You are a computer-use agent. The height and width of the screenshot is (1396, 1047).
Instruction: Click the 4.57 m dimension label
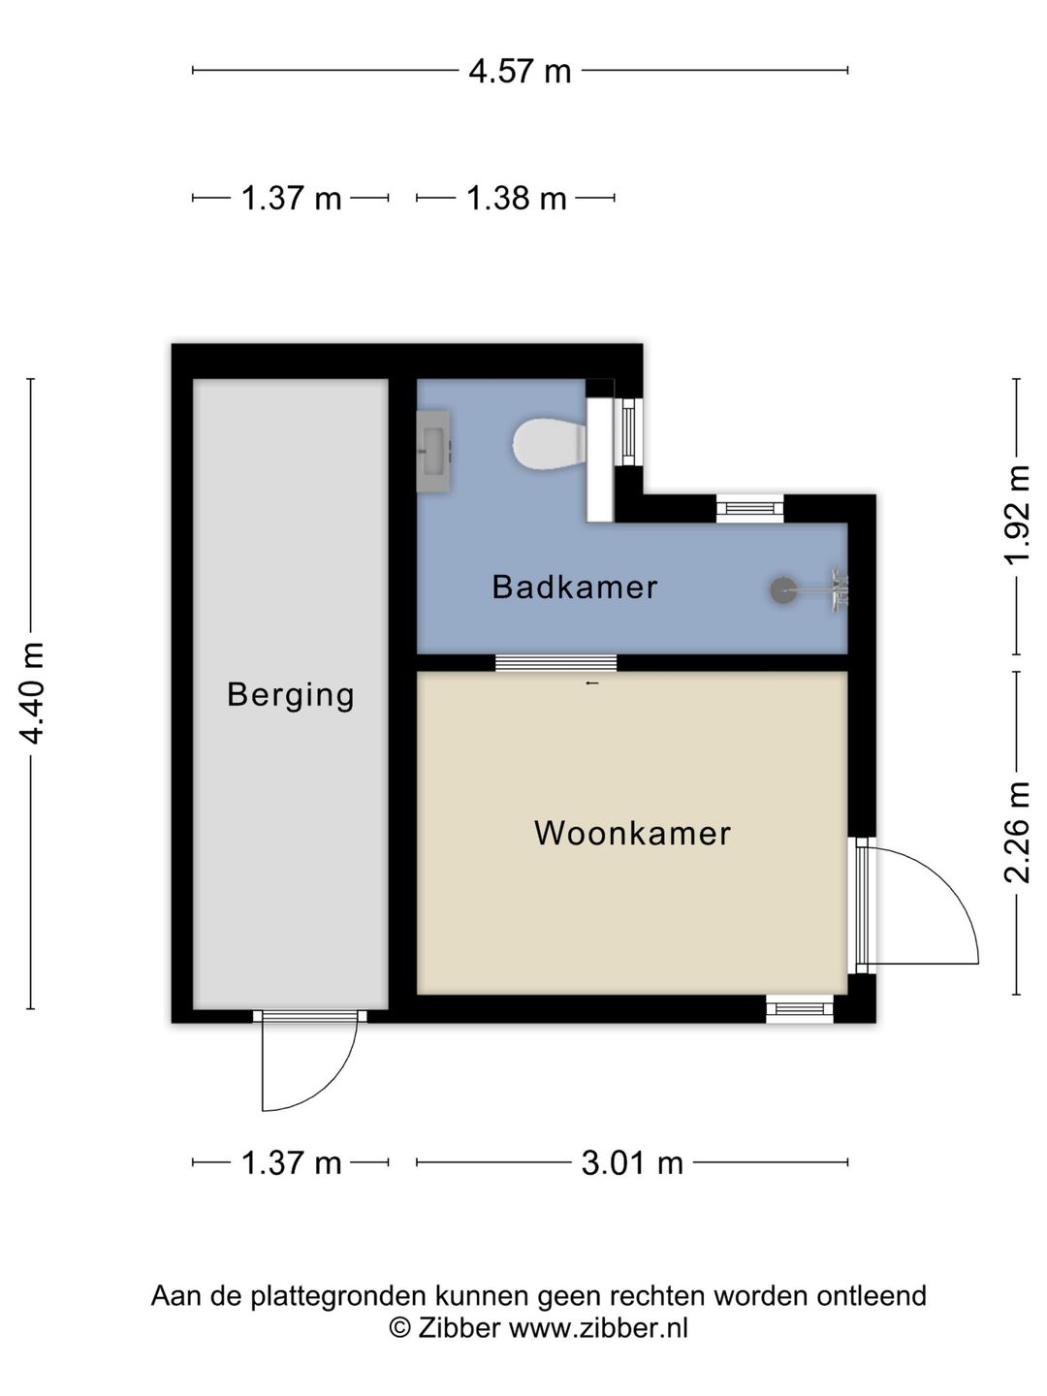click(520, 71)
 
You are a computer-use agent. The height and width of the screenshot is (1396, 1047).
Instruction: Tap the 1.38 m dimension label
click(516, 198)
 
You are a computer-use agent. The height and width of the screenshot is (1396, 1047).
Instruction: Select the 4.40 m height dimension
click(31, 693)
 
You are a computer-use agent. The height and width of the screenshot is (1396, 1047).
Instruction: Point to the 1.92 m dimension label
click(1016, 516)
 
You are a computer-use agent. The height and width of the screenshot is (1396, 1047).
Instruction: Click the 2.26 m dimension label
click(1016, 833)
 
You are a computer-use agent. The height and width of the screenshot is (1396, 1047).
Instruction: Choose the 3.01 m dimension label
click(632, 1163)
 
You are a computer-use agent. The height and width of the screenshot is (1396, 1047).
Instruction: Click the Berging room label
click(291, 695)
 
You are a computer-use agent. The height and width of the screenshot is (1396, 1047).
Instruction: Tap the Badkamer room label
click(575, 587)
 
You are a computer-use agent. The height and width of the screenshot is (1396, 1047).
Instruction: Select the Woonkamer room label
click(632, 833)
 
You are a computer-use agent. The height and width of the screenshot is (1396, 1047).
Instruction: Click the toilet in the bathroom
click(550, 445)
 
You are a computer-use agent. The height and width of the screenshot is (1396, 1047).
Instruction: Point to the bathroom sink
click(433, 451)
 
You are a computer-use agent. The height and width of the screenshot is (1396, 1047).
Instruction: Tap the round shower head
click(783, 590)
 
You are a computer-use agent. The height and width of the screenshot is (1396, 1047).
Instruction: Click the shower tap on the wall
click(840, 590)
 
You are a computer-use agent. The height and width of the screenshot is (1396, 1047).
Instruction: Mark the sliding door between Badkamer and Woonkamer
click(556, 663)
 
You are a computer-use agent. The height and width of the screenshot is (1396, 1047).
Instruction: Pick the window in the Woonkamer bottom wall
click(799, 1008)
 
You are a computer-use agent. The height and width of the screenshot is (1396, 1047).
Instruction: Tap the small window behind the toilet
click(628, 431)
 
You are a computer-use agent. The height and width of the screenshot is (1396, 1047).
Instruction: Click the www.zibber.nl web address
click(598, 1328)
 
